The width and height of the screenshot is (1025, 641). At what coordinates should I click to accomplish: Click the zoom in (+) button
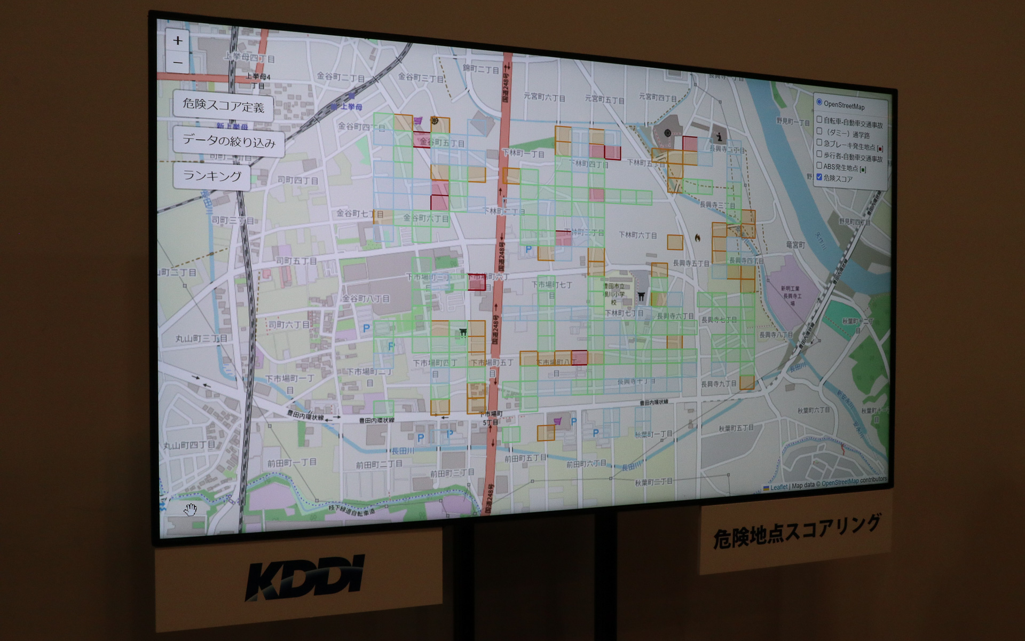click(178, 41)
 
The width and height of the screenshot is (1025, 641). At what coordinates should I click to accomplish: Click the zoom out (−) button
click(178, 62)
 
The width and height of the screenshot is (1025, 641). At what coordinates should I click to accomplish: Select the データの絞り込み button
click(228, 141)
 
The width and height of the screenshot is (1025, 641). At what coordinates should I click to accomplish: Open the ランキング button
click(212, 176)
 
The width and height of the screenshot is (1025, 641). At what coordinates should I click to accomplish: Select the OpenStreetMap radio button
click(819, 102)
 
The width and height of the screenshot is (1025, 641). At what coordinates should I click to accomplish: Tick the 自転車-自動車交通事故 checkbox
click(819, 119)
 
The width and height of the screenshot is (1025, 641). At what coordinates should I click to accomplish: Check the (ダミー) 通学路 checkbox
click(819, 131)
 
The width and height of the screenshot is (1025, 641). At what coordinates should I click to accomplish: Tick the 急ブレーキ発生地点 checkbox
click(819, 143)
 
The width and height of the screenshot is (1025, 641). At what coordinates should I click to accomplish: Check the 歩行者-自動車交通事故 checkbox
click(819, 154)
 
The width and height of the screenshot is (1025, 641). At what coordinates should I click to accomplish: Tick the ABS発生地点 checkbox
click(819, 166)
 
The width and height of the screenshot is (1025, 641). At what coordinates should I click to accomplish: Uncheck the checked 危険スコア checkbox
click(819, 177)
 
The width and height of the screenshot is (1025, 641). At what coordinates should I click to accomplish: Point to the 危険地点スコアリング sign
click(795, 531)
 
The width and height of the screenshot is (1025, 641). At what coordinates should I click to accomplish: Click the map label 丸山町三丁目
click(201, 339)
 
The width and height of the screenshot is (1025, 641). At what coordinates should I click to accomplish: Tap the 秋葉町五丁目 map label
click(736, 428)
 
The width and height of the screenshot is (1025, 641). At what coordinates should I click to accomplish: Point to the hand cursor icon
click(191, 510)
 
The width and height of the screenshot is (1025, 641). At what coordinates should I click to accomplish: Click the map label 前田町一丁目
click(291, 463)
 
